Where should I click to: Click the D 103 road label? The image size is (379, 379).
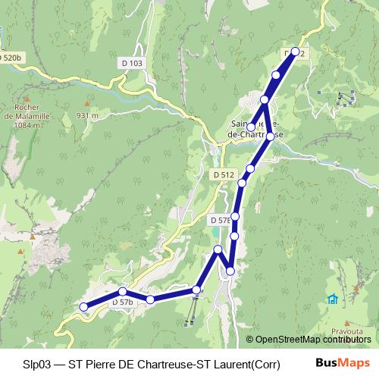click(x=131, y=64)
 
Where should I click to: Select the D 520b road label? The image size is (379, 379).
click(x=10, y=57)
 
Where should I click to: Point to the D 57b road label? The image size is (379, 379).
click(x=122, y=302)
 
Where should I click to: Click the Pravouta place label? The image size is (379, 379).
click(x=346, y=331)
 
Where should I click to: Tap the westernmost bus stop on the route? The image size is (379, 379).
click(x=84, y=307)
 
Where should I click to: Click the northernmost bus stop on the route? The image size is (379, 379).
click(x=295, y=52)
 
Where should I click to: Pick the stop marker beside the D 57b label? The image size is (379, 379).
click(x=122, y=292)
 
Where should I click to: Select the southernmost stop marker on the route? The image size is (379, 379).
click(x=84, y=307)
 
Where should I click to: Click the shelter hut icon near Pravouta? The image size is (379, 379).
click(x=332, y=299)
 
